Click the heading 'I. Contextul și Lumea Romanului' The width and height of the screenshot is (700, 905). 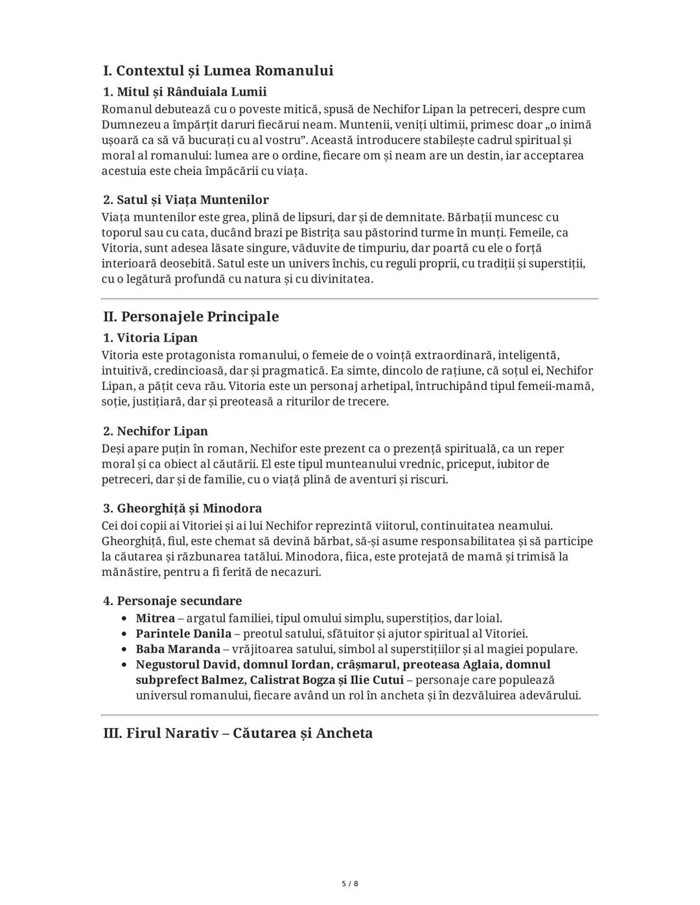pyautogui.click(x=218, y=71)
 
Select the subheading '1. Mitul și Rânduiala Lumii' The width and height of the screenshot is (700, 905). pyautogui.click(x=185, y=91)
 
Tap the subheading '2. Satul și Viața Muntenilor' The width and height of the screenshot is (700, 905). pyautogui.click(x=186, y=200)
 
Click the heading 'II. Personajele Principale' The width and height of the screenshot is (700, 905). pyautogui.click(x=191, y=317)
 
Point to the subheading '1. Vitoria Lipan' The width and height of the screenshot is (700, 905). pyautogui.click(x=150, y=338)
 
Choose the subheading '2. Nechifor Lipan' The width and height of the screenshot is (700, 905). pyautogui.click(x=156, y=431)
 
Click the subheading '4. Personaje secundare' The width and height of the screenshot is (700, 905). pyautogui.click(x=172, y=601)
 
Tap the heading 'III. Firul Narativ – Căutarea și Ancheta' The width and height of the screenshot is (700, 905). pyautogui.click(x=238, y=733)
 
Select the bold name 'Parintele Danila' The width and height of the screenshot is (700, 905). pyautogui.click(x=183, y=634)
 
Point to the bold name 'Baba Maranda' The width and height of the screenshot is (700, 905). pyautogui.click(x=178, y=649)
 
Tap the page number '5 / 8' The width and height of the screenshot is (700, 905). pyautogui.click(x=350, y=884)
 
